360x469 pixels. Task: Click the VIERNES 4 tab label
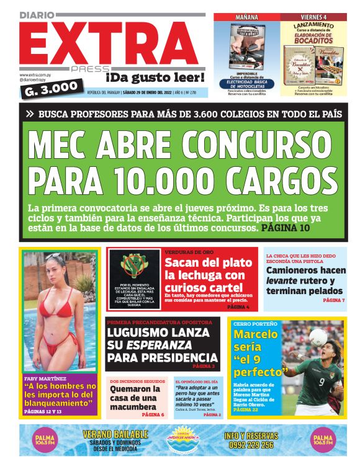tap(313, 17)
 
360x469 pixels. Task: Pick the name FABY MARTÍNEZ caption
tap(47, 378)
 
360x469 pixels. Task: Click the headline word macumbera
tap(133, 407)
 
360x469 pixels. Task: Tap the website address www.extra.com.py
tap(35, 74)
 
